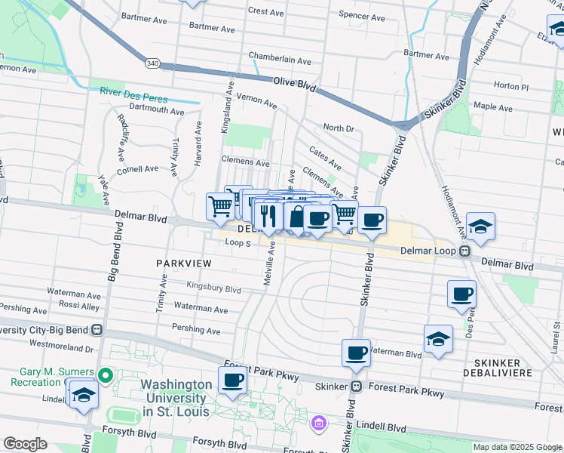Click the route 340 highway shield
point(153,63)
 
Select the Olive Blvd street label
point(294,84)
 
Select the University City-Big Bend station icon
point(97,330)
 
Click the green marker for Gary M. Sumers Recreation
point(106,374)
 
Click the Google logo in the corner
point(25,443)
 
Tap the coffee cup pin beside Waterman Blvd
point(356,353)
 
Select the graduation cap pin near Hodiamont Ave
point(480,226)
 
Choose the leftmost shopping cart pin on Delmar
point(220,205)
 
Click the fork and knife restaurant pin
point(268,216)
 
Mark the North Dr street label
point(338,128)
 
